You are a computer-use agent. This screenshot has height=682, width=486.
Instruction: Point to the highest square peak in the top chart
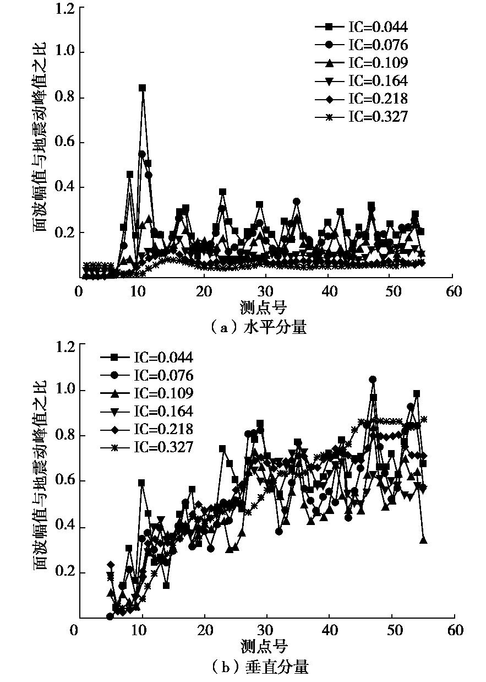[x=142, y=88]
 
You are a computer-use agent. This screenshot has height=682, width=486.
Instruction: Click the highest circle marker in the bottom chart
[x=373, y=380]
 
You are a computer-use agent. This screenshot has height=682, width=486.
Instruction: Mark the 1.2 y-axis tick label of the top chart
[x=67, y=9]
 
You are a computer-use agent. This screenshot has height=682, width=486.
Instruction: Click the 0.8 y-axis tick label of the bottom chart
[x=67, y=436]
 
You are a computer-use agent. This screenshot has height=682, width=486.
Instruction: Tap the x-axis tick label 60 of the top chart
[x=454, y=291]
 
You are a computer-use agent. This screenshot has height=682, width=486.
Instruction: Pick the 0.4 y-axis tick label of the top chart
[x=67, y=188]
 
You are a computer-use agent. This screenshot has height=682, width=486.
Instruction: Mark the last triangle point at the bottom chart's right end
[x=423, y=540]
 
